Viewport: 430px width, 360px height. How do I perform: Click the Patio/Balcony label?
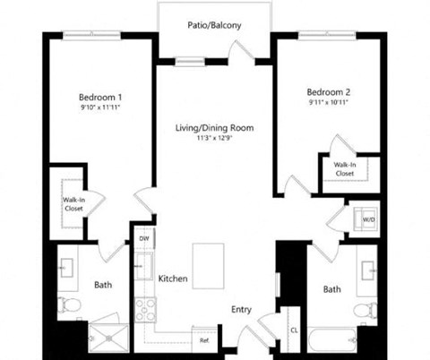213,25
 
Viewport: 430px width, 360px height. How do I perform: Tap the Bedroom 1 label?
100,97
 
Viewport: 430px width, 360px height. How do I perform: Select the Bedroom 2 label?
327,92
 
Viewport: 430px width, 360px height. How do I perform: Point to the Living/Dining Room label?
214,128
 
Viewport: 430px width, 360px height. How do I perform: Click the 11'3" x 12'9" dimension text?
214,139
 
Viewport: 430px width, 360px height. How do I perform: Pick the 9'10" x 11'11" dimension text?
100,107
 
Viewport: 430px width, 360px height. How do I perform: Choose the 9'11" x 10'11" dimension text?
327,103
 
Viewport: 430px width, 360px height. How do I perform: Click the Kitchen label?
173,279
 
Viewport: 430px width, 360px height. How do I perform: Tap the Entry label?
241,310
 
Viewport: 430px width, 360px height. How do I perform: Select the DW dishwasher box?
144,238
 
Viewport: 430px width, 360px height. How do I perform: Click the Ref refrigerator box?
204,340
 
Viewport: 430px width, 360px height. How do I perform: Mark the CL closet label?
293,330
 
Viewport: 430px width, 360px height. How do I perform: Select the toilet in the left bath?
70,307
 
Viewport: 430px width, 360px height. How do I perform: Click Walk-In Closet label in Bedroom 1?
73,204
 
